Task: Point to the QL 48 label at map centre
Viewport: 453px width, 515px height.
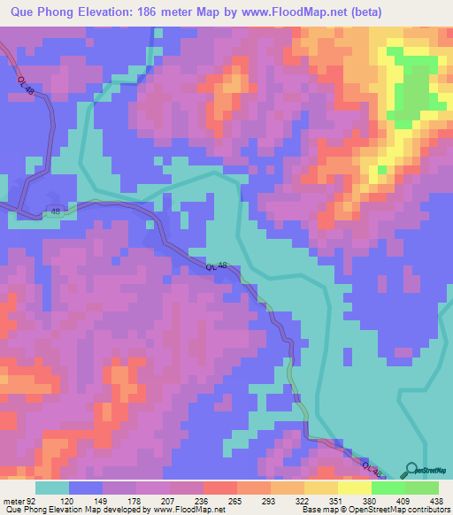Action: (217, 266)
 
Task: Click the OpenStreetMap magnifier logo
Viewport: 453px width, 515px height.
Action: (409, 470)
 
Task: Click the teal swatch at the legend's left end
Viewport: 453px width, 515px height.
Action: (52, 488)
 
